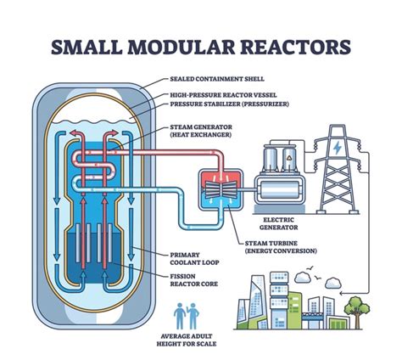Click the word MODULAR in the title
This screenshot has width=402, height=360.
click(181, 47)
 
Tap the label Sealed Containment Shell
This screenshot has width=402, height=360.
click(217, 79)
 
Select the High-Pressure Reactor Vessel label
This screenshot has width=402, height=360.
click(223, 95)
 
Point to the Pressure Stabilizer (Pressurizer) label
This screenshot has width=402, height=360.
click(230, 104)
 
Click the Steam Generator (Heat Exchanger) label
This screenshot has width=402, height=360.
click(201, 131)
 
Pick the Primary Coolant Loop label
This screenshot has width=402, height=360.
click(194, 259)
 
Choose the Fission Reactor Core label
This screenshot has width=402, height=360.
click(194, 280)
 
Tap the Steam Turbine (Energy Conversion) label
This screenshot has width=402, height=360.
click(281, 247)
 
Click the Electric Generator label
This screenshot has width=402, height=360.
click(279, 223)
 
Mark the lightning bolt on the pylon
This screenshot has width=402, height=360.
click(338, 148)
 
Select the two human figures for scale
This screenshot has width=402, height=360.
click(187, 316)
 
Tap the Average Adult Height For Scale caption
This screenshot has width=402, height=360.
click(187, 340)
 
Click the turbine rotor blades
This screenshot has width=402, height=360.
click(221, 190)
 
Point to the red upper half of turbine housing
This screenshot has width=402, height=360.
click(221, 181)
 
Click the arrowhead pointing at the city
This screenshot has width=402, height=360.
click(342, 294)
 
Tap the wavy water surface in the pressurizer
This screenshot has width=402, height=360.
click(93, 123)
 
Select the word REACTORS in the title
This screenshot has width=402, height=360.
click(297, 47)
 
